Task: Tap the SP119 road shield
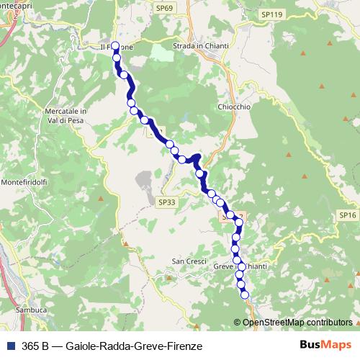(271, 14)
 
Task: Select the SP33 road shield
(166, 203)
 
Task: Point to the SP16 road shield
(348, 215)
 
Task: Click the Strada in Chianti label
(201, 46)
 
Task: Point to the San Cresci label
(189, 261)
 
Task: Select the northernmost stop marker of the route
(115, 47)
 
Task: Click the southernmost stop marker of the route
(244, 294)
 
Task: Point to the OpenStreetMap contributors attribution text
(297, 323)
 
